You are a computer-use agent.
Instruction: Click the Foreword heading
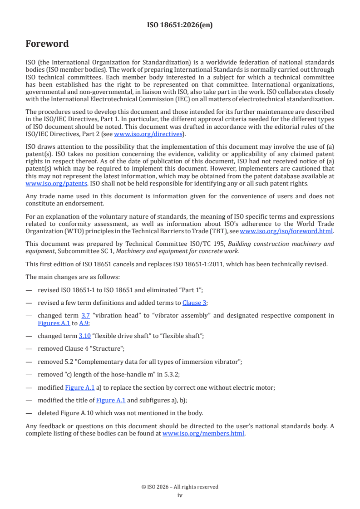pos(47,44)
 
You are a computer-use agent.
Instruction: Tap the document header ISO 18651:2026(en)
pos(180,25)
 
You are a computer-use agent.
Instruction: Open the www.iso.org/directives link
pos(148,134)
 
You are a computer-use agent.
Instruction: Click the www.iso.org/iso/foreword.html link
pos(286,231)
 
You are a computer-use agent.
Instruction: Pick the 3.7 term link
pos(85,316)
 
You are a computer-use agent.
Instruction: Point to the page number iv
pos(180,495)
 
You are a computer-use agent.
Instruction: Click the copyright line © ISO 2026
pos(180,487)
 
